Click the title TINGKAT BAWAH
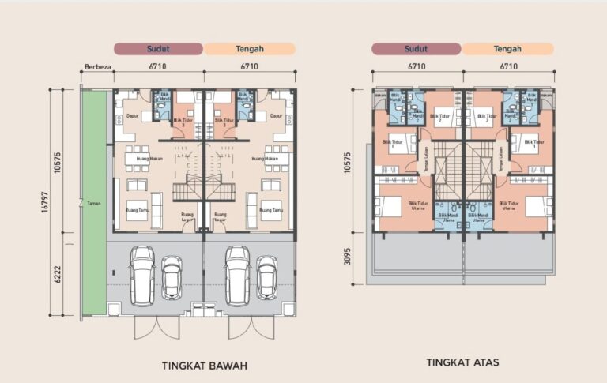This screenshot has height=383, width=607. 205,366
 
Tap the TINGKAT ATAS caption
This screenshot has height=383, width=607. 462,363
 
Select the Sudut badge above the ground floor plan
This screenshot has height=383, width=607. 159,49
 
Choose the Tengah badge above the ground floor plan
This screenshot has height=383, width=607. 250,49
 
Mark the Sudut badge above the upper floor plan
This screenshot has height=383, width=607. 416,49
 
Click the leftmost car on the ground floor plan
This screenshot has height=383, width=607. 142,275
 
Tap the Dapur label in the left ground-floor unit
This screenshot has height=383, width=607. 133,116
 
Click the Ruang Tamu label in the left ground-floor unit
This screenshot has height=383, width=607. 137,210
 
